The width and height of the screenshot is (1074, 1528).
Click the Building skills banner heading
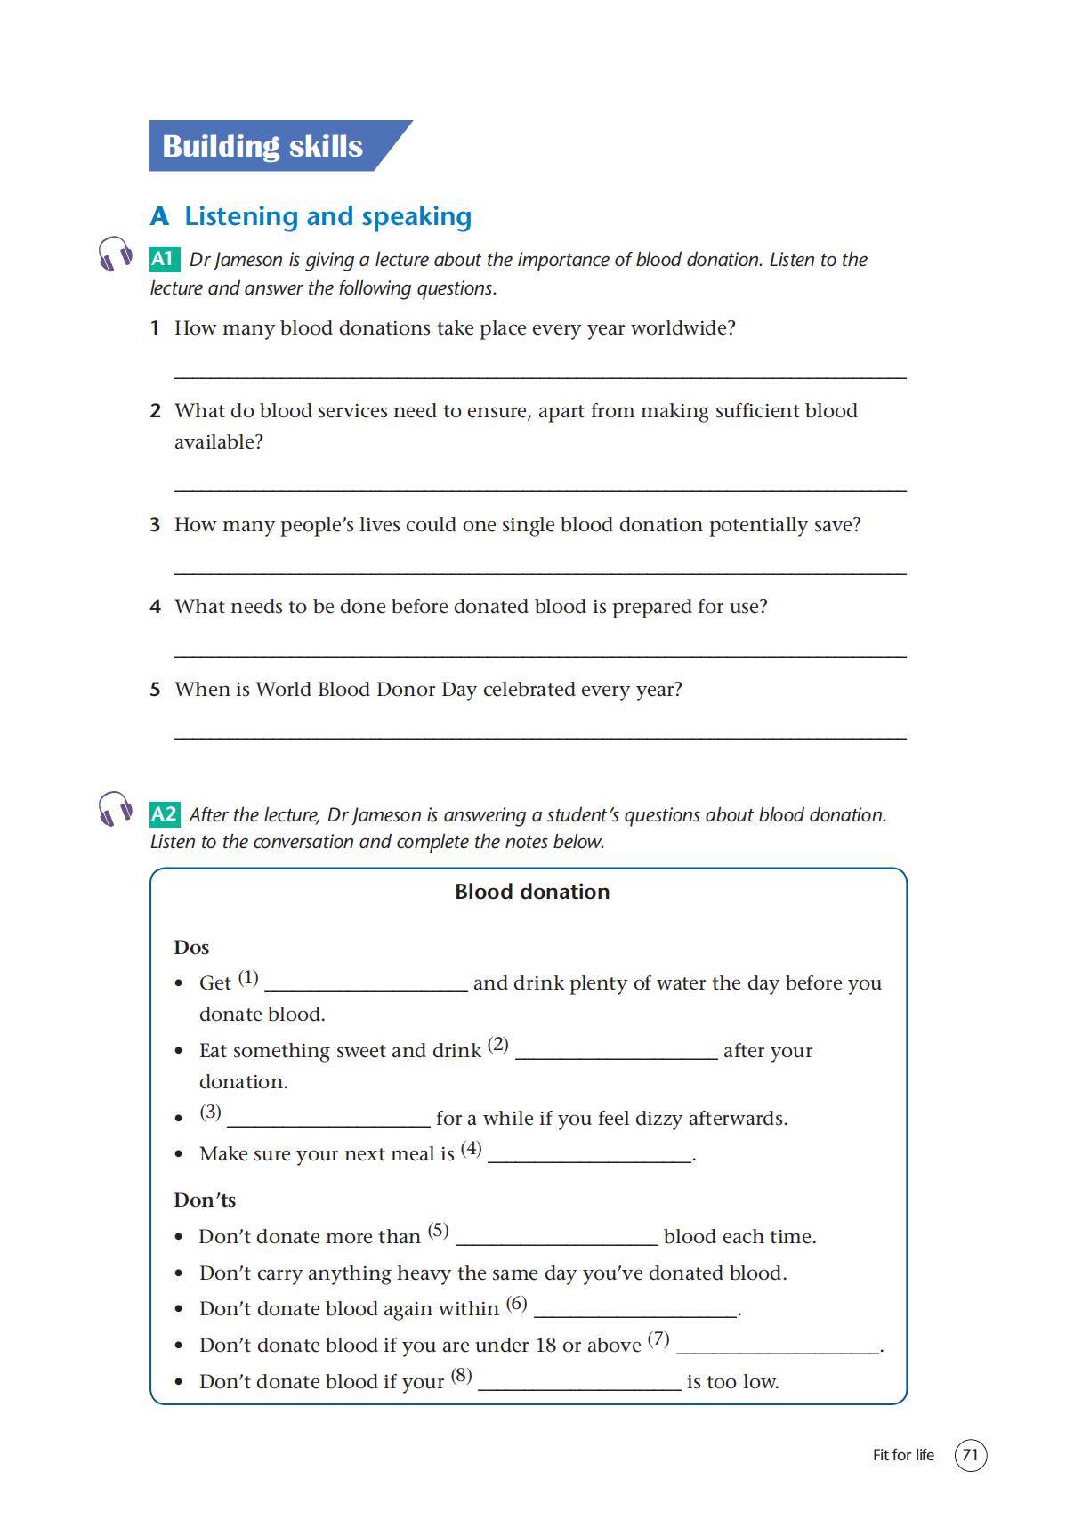click(x=262, y=146)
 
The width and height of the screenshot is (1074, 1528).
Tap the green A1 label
click(x=164, y=259)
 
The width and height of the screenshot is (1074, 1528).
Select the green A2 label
click(x=165, y=814)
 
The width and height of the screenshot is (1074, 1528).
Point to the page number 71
click(x=970, y=1455)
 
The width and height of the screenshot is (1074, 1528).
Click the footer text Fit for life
click(x=903, y=1455)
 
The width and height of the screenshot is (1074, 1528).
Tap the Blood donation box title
click(x=532, y=892)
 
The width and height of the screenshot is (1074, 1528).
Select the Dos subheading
click(x=191, y=947)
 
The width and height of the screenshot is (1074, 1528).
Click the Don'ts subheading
click(x=205, y=1200)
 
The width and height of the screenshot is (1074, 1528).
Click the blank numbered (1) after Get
click(x=366, y=987)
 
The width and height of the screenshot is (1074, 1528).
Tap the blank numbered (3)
click(x=328, y=1122)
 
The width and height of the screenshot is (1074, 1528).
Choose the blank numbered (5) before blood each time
click(x=556, y=1241)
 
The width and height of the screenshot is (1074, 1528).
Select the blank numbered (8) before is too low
click(x=579, y=1386)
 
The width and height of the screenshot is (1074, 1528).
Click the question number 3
click(x=155, y=524)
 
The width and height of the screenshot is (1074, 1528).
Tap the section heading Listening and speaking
click(x=327, y=216)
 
